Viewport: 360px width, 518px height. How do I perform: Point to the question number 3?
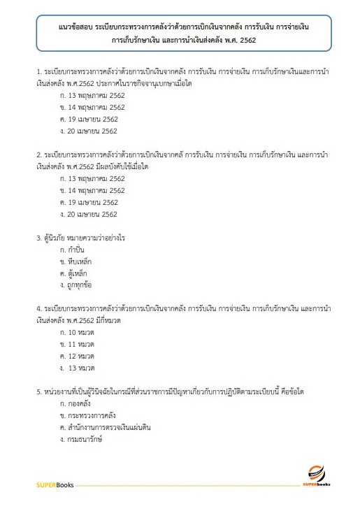tap(39, 238)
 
